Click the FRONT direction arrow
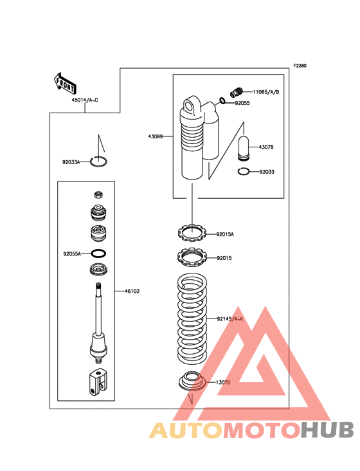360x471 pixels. click(65, 83)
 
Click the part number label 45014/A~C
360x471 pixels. click(85, 100)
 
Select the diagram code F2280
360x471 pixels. click(300, 66)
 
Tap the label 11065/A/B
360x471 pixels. click(265, 92)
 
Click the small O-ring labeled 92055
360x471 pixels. click(222, 101)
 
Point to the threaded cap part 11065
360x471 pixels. click(237, 91)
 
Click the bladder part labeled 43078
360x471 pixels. click(244, 148)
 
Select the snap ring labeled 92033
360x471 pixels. click(243, 172)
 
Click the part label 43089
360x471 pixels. click(155, 136)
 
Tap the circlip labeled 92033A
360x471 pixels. click(99, 162)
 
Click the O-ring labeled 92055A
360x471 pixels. click(98, 254)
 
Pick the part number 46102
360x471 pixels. click(132, 291)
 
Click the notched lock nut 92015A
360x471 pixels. click(192, 233)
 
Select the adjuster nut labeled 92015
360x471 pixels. click(192, 257)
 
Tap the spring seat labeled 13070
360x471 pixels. click(192, 381)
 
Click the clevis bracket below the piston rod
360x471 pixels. click(98, 382)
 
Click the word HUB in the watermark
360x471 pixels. click(328, 430)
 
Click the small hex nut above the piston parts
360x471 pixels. click(98, 195)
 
